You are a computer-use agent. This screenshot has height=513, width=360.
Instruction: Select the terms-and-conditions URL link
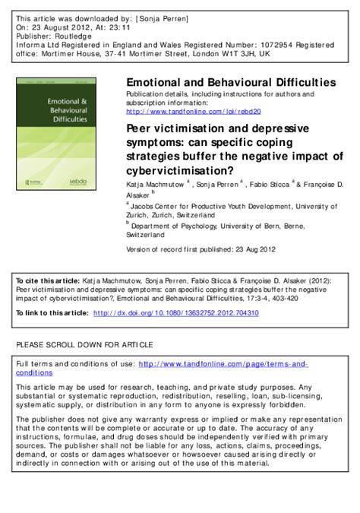(x=224, y=364)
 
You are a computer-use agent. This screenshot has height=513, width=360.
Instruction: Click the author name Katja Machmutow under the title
(x=153, y=184)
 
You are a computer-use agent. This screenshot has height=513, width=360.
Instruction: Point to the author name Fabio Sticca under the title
(x=271, y=184)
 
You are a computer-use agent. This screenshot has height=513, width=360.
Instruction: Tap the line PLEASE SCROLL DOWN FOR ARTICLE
(x=84, y=344)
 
